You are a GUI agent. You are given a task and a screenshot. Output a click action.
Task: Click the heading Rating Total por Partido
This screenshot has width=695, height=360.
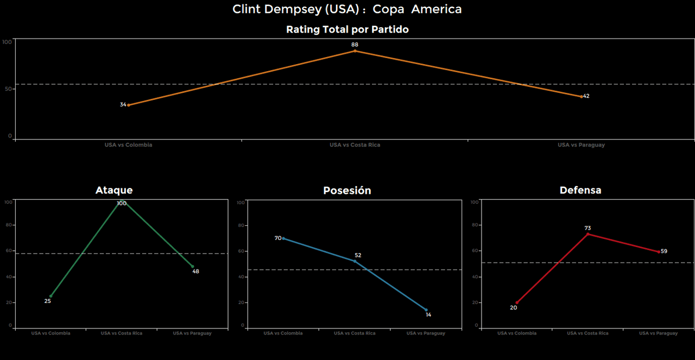347,30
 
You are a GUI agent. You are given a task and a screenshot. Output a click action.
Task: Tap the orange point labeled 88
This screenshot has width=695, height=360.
355,51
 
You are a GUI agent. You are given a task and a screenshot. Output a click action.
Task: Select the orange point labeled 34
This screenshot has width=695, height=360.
129,105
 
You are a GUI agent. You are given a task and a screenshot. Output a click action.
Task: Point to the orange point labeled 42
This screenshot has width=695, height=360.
582,97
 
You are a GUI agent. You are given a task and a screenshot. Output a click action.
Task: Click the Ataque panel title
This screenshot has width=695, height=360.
114,191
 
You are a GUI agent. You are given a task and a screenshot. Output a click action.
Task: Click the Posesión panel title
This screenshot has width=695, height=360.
347,191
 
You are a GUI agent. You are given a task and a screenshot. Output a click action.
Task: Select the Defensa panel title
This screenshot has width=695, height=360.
580,191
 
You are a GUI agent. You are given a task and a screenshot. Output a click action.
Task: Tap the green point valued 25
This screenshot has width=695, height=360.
51,296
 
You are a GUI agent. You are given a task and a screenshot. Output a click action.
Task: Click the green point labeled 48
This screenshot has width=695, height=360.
192,266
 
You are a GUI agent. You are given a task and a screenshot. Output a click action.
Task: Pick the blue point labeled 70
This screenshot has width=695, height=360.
283,238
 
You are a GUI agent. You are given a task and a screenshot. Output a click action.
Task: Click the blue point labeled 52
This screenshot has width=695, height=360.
355,261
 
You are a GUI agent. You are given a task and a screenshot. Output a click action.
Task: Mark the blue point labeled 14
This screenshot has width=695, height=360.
426,310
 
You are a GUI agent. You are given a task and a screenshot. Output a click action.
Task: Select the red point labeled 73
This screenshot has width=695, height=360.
587,234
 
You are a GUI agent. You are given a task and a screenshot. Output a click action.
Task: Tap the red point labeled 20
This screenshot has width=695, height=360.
517,302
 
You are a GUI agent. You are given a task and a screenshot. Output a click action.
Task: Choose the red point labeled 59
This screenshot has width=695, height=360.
659,252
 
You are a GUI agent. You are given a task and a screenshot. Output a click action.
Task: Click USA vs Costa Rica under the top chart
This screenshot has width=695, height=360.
355,145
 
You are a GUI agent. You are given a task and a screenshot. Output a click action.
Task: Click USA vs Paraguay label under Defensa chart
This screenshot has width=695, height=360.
658,333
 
